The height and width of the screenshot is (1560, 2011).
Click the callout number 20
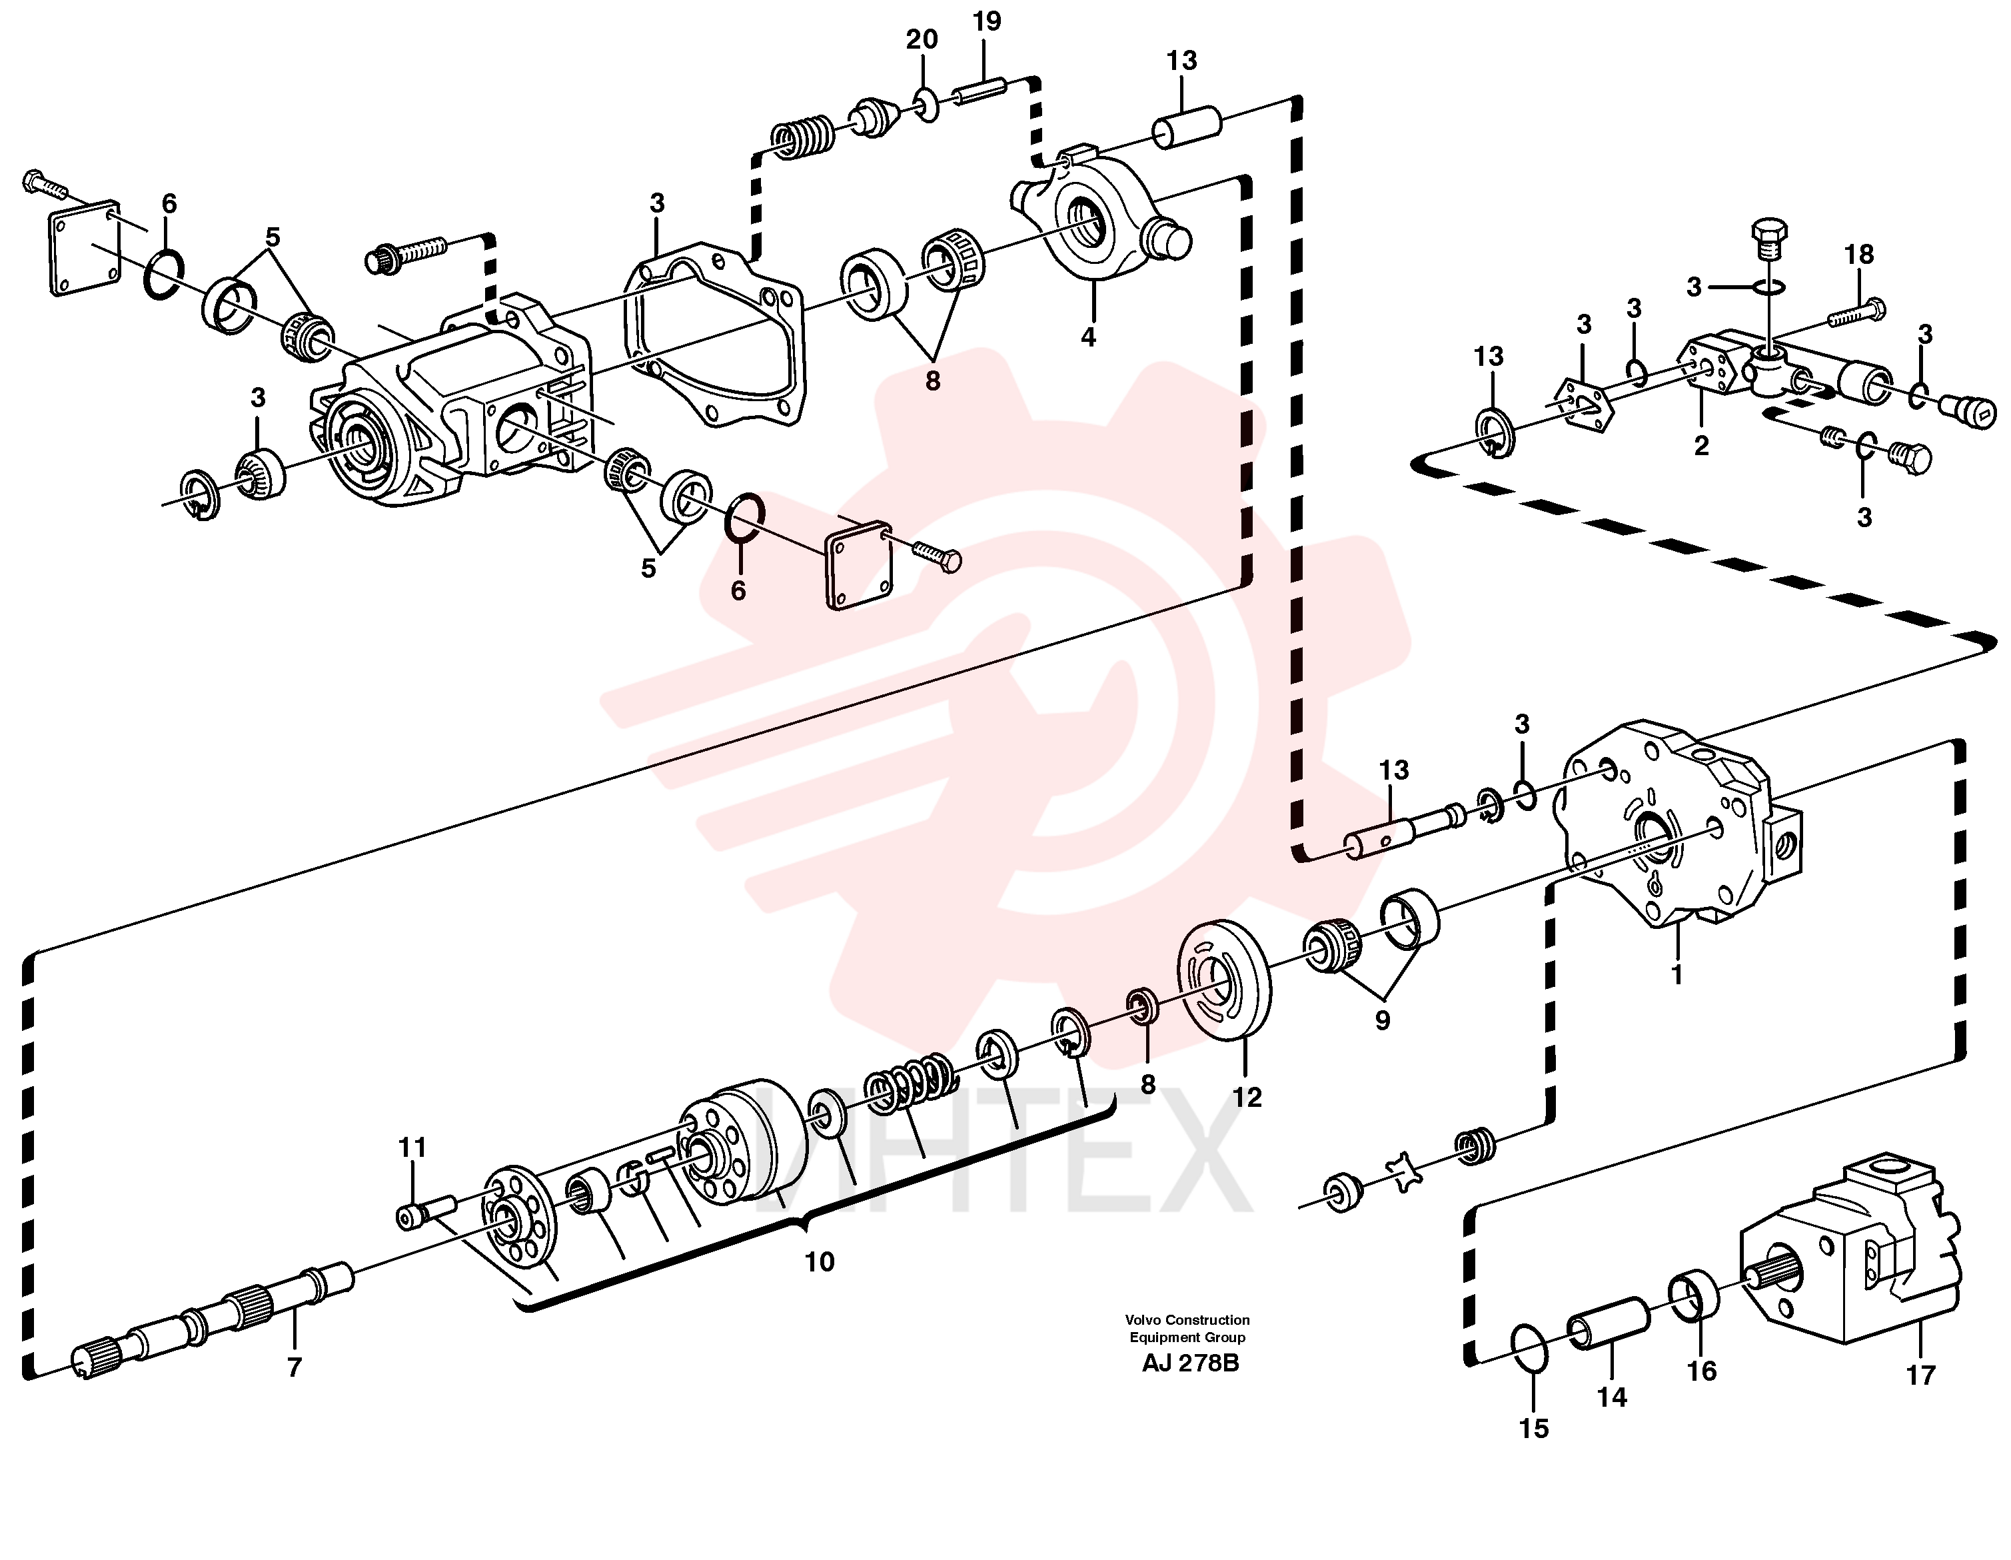pyautogui.click(x=922, y=39)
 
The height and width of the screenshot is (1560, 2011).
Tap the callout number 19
pyautogui.click(x=986, y=21)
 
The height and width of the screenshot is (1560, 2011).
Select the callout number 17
pyautogui.click(x=1921, y=1375)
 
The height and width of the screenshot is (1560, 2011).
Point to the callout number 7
pyautogui.click(x=295, y=1367)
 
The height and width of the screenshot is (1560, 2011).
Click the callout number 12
pyautogui.click(x=1247, y=1097)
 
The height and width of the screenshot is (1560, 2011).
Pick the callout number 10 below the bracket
pyautogui.click(x=820, y=1261)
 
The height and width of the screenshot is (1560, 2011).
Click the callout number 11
pyautogui.click(x=412, y=1148)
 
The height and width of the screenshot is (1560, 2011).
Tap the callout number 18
pyautogui.click(x=1859, y=254)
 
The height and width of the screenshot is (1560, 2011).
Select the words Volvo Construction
pyautogui.click(x=1188, y=1319)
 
